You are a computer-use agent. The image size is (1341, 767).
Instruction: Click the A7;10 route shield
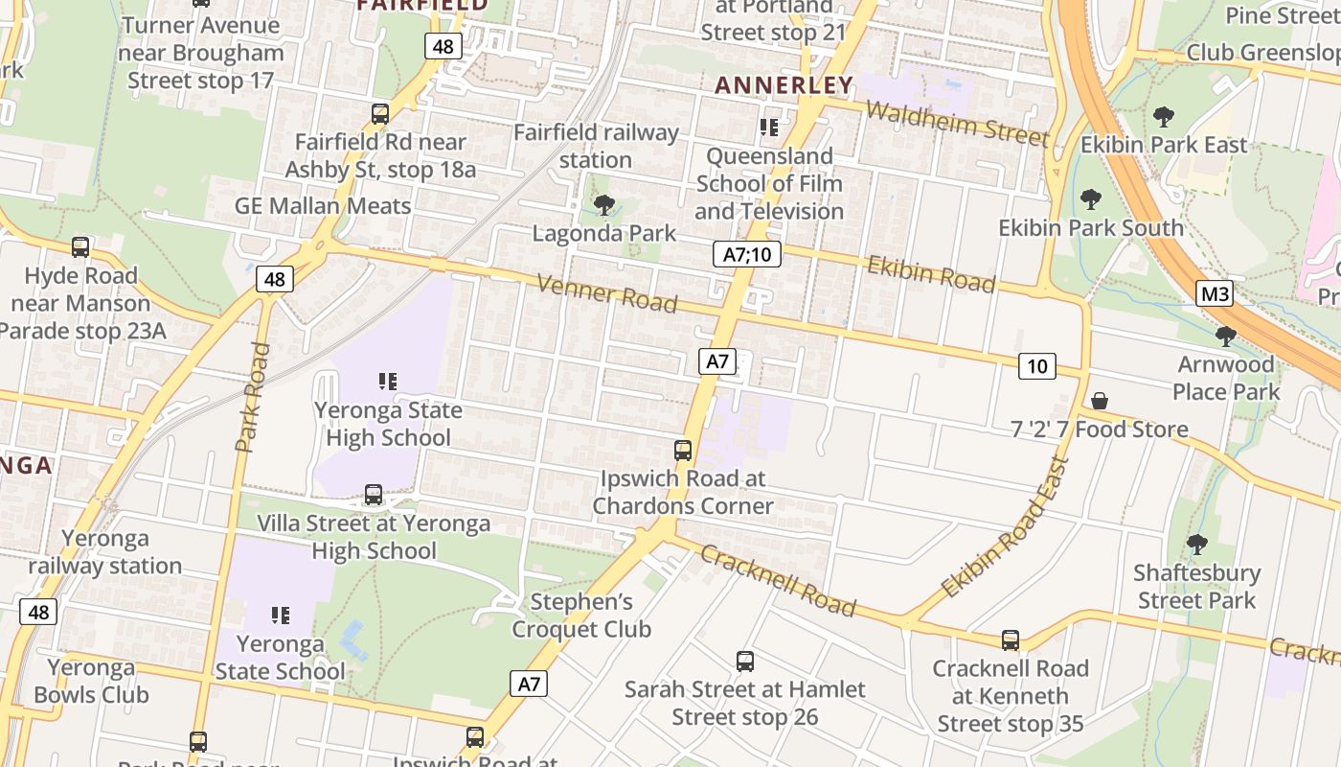click(x=747, y=254)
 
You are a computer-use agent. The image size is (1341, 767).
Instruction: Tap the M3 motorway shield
click(x=1215, y=293)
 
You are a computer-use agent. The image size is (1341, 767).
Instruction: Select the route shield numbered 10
click(x=1036, y=365)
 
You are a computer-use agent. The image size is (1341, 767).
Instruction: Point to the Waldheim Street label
click(x=957, y=123)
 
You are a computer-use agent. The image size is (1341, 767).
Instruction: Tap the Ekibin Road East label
click(x=1005, y=527)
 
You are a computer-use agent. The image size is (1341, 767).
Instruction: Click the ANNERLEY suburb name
click(x=784, y=85)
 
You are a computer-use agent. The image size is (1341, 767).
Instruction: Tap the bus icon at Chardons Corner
click(x=683, y=450)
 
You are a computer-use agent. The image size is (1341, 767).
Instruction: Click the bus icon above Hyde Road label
click(x=80, y=247)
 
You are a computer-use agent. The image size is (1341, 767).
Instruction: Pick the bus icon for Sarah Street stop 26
click(x=745, y=661)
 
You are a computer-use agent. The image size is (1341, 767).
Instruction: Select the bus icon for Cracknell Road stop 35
click(x=1010, y=639)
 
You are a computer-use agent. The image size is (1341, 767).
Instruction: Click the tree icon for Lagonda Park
click(x=603, y=204)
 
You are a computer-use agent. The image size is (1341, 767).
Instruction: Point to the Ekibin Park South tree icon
click(x=1090, y=199)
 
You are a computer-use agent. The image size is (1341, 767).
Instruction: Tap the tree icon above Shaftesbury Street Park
click(x=1196, y=545)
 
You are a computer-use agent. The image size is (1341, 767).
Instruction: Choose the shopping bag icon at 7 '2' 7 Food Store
click(x=1100, y=400)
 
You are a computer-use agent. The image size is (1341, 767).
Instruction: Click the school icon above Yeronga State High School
click(x=388, y=382)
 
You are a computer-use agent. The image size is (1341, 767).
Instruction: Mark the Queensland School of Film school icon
click(x=768, y=127)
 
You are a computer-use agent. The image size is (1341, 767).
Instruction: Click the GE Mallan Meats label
click(x=323, y=205)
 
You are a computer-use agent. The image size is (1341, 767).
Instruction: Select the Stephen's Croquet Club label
click(x=581, y=616)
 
